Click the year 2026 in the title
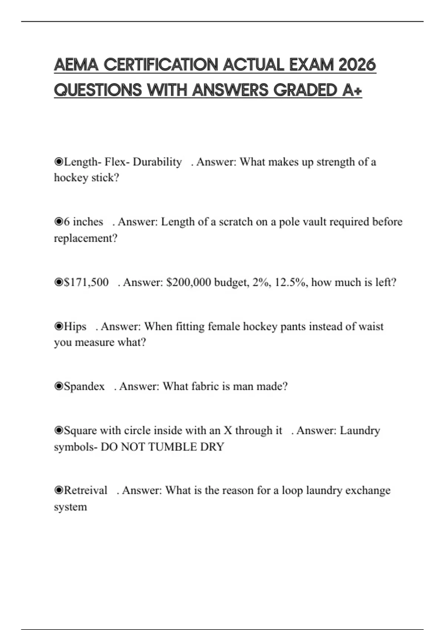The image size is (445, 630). (357, 65)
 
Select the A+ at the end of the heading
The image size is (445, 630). (352, 90)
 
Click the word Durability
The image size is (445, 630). (157, 162)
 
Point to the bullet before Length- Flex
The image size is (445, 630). (59, 162)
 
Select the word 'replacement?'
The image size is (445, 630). (86, 238)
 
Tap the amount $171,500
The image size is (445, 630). (86, 282)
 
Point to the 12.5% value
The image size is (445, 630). (291, 282)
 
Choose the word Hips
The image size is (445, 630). (75, 326)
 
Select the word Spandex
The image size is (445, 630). (84, 387)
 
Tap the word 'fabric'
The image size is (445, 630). (205, 387)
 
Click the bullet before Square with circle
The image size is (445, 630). (59, 431)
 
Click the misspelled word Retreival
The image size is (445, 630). (85, 491)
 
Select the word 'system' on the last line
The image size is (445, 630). (70, 507)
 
